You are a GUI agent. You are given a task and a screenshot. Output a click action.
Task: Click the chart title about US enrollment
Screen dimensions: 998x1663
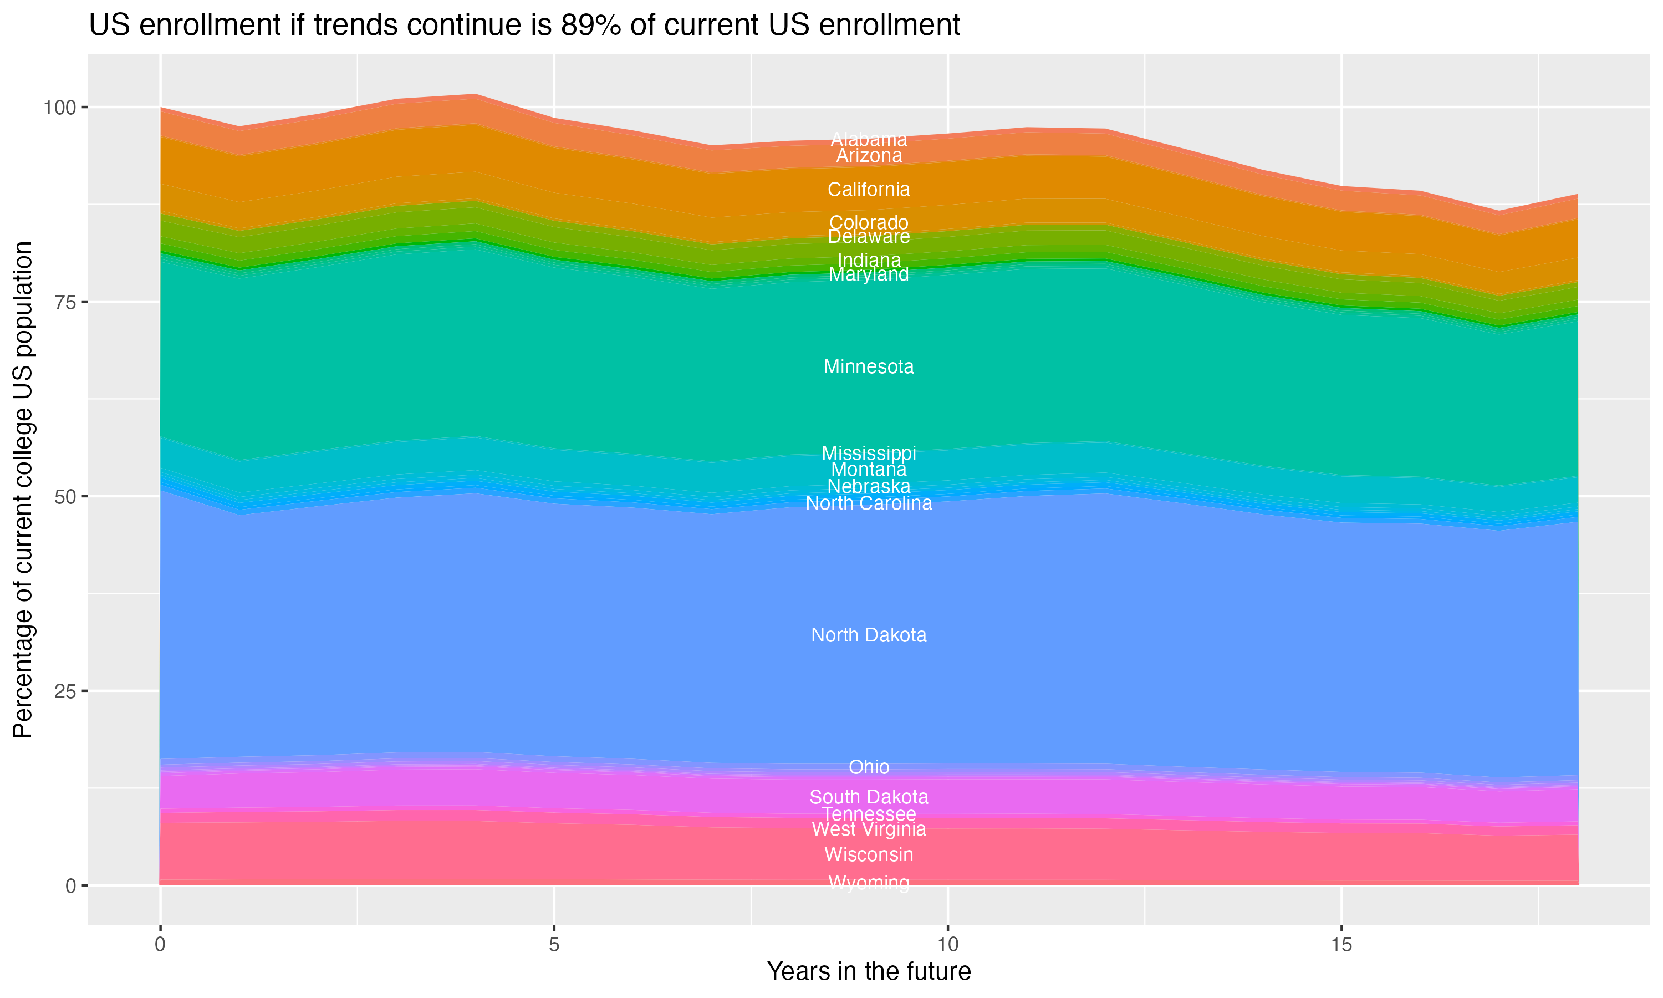(524, 26)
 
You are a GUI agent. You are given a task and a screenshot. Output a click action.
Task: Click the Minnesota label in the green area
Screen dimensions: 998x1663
(869, 367)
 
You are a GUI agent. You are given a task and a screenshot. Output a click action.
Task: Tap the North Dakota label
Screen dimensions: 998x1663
(869, 635)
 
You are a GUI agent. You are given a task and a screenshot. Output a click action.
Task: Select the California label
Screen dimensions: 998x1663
(869, 190)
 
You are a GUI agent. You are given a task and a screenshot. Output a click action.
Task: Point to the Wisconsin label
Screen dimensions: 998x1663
(869, 855)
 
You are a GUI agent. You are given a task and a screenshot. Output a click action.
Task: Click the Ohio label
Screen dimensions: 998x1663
(869, 767)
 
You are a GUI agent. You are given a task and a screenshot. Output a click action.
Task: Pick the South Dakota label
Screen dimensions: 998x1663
(869, 798)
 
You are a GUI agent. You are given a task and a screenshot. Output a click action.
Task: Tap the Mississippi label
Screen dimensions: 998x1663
(869, 454)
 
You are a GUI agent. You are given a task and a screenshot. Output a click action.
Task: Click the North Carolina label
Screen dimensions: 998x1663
(869, 503)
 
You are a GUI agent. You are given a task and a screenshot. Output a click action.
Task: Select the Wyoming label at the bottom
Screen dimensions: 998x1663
(869, 883)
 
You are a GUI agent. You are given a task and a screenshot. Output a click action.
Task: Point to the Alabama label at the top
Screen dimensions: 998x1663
(869, 139)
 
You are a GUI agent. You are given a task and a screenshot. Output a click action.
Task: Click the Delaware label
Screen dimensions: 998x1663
(869, 237)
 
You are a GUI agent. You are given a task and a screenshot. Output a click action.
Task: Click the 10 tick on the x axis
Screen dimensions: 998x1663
(947, 945)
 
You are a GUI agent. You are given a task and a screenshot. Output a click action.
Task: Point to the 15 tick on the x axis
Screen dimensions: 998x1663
(1341, 945)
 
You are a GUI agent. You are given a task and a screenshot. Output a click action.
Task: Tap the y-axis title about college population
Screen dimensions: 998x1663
(23, 490)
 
